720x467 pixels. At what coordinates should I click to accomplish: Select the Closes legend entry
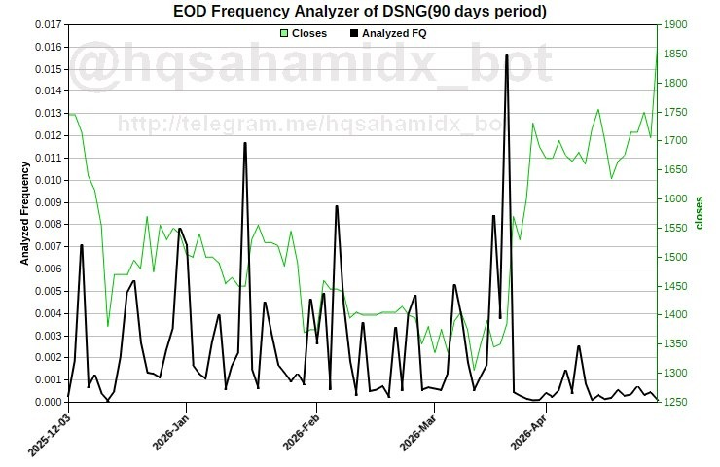tap(303, 33)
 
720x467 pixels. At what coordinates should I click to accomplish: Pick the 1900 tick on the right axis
tap(675, 25)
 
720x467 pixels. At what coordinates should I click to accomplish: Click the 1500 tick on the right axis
tap(675, 257)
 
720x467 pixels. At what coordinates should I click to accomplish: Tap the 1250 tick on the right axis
tap(675, 402)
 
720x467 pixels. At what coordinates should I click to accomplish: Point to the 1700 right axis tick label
tap(675, 141)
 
